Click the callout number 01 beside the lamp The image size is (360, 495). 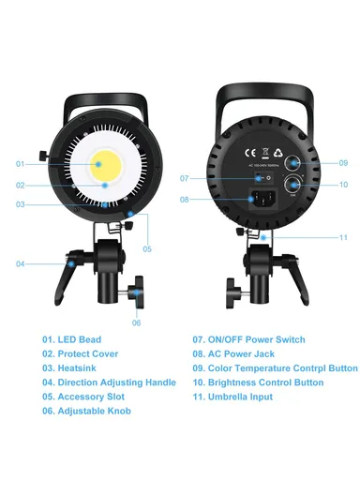tap(20, 163)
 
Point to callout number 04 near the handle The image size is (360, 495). tap(20, 263)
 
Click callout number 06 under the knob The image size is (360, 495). tap(136, 322)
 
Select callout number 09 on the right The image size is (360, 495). tap(343, 163)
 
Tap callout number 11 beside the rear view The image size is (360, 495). tap(343, 237)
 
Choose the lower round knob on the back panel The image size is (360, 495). tap(293, 185)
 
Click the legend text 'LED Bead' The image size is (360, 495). tap(79, 339)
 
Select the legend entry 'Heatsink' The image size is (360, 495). tap(79, 368)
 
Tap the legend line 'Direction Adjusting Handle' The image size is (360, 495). tap(116, 382)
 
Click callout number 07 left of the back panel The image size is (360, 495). tap(184, 178)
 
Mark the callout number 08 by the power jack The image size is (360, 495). tap(184, 199)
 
